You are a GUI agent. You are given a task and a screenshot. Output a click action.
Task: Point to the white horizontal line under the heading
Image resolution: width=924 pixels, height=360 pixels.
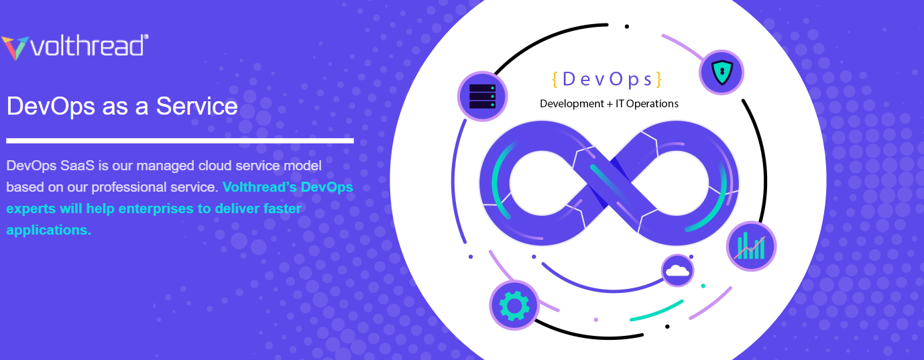(180, 141)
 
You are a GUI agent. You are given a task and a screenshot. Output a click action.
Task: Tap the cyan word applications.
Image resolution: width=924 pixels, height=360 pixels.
(48, 230)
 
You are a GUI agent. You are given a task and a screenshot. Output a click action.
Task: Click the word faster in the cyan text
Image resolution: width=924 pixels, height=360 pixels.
(278, 208)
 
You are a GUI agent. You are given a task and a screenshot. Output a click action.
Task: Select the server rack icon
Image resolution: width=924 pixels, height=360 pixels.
(481, 97)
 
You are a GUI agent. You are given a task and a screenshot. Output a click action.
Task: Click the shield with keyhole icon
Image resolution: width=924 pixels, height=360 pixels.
(721, 72)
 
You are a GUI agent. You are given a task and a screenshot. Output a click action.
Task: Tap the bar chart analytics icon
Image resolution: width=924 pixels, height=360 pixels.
(751, 246)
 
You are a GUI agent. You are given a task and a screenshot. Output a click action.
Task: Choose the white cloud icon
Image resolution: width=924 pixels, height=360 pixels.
(677, 271)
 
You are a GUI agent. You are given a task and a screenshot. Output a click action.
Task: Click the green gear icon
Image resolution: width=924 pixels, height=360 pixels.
(514, 305)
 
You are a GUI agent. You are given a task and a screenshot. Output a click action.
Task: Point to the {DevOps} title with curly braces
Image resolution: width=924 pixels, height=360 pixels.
(607, 79)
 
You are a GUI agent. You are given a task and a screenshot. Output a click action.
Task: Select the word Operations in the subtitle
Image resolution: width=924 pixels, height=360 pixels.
(652, 104)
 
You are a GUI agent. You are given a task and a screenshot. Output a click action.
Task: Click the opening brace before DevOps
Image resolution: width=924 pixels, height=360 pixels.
(555, 79)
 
